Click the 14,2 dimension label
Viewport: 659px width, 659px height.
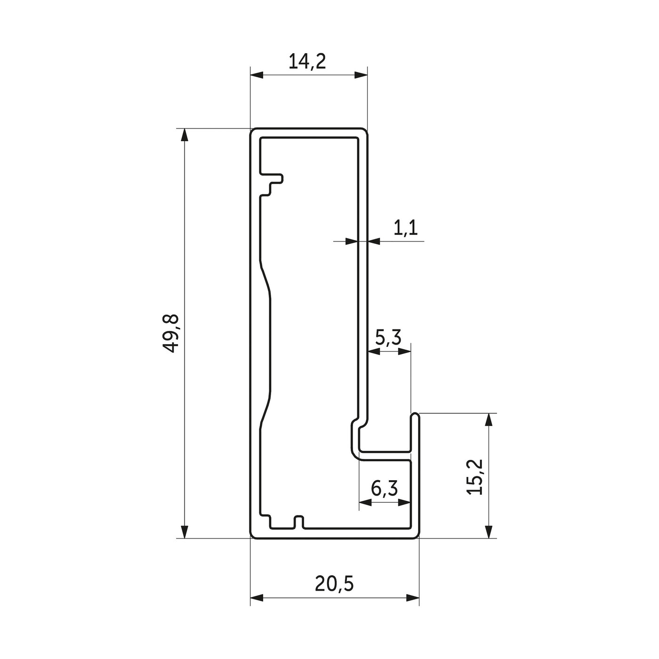(x=307, y=62)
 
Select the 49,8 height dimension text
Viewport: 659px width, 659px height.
(x=170, y=333)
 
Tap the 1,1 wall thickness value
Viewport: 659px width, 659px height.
(x=405, y=228)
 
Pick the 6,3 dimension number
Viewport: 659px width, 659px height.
(x=385, y=489)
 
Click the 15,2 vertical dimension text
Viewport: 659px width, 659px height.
(x=474, y=477)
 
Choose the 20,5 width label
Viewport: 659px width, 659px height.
(x=334, y=584)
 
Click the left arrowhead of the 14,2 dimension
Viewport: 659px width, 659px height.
(x=257, y=75)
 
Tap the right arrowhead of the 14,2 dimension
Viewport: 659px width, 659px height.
(x=361, y=75)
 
